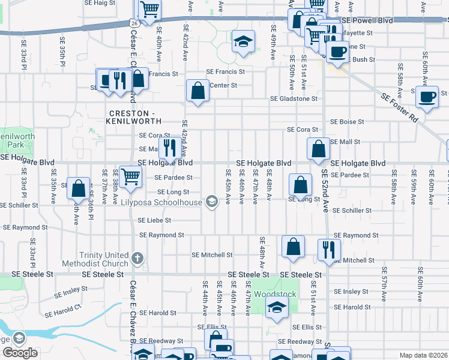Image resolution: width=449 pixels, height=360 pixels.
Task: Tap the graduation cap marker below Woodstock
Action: (277, 308)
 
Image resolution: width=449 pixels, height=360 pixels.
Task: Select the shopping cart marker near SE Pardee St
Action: (130, 176)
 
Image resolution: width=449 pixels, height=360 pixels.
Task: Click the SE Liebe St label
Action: (155, 220)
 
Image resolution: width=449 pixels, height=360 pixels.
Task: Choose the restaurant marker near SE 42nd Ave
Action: (170, 147)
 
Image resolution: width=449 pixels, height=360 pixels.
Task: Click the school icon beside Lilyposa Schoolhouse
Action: (211, 202)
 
